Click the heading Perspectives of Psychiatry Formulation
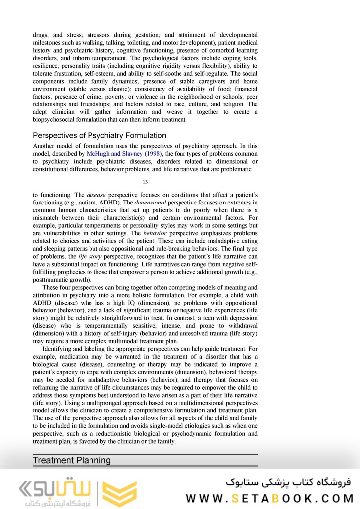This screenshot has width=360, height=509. pyautogui.click(x=99, y=136)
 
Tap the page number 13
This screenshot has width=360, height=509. pyautogui.click(x=145, y=182)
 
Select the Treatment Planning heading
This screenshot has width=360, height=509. pyautogui.click(x=72, y=460)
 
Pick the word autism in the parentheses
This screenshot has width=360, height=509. pyautogui.click(x=116, y=204)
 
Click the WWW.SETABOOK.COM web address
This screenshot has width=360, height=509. pyautogui.click(x=269, y=498)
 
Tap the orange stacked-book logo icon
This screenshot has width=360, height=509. pyautogui.click(x=119, y=493)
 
